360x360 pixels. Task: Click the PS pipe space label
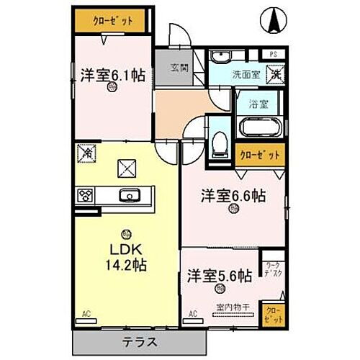coord(274,54)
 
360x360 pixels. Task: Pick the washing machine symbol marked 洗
coord(275,73)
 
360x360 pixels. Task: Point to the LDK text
coord(126,250)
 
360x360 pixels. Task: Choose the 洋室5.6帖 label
coord(220,275)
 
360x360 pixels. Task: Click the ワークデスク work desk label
coord(272,269)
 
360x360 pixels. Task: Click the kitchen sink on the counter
coord(130,194)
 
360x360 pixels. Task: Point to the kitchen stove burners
coord(86,194)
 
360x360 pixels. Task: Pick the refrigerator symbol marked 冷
coord(85,153)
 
